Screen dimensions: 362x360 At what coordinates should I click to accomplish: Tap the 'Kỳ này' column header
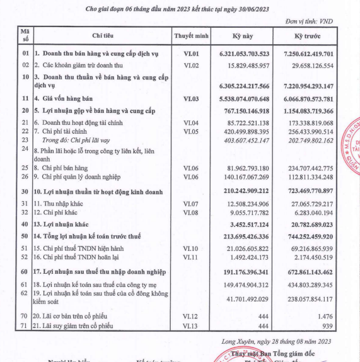coord(245,37)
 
